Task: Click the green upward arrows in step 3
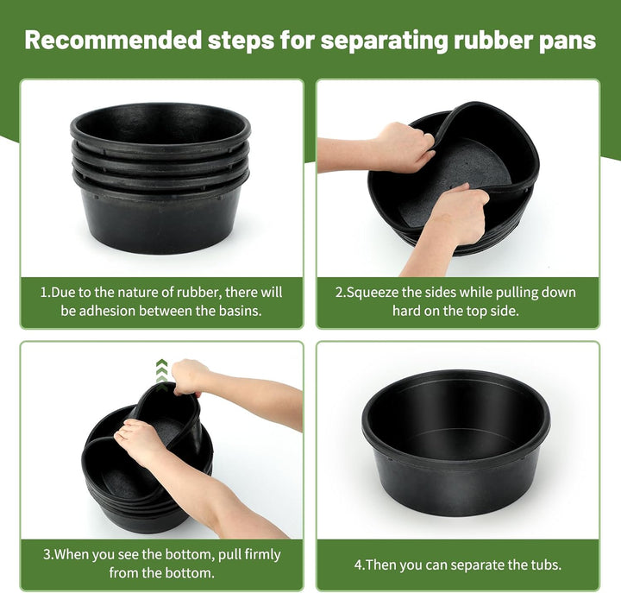(161, 374)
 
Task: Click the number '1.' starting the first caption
(45, 292)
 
